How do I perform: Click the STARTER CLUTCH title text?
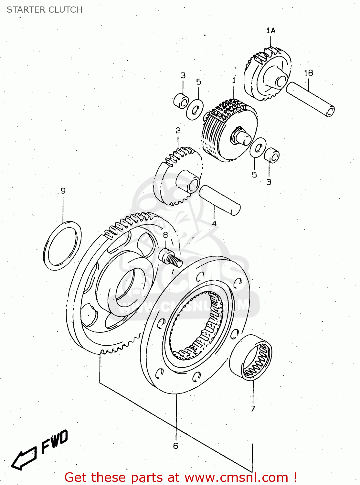[45, 10]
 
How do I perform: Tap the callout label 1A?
[271, 30]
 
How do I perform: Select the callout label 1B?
[308, 73]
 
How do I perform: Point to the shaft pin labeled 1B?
[310, 99]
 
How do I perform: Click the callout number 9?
[63, 190]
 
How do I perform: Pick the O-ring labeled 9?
[62, 246]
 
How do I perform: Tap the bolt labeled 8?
[170, 258]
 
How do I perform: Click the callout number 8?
[165, 235]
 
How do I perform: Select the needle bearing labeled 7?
[251, 357]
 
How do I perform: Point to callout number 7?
[253, 409]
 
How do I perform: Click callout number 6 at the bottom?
[175, 446]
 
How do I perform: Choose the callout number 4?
[214, 223]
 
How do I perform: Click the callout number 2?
[178, 130]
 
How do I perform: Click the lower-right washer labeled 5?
[258, 147]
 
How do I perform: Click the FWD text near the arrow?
[54, 441]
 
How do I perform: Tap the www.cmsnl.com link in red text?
[236, 478]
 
